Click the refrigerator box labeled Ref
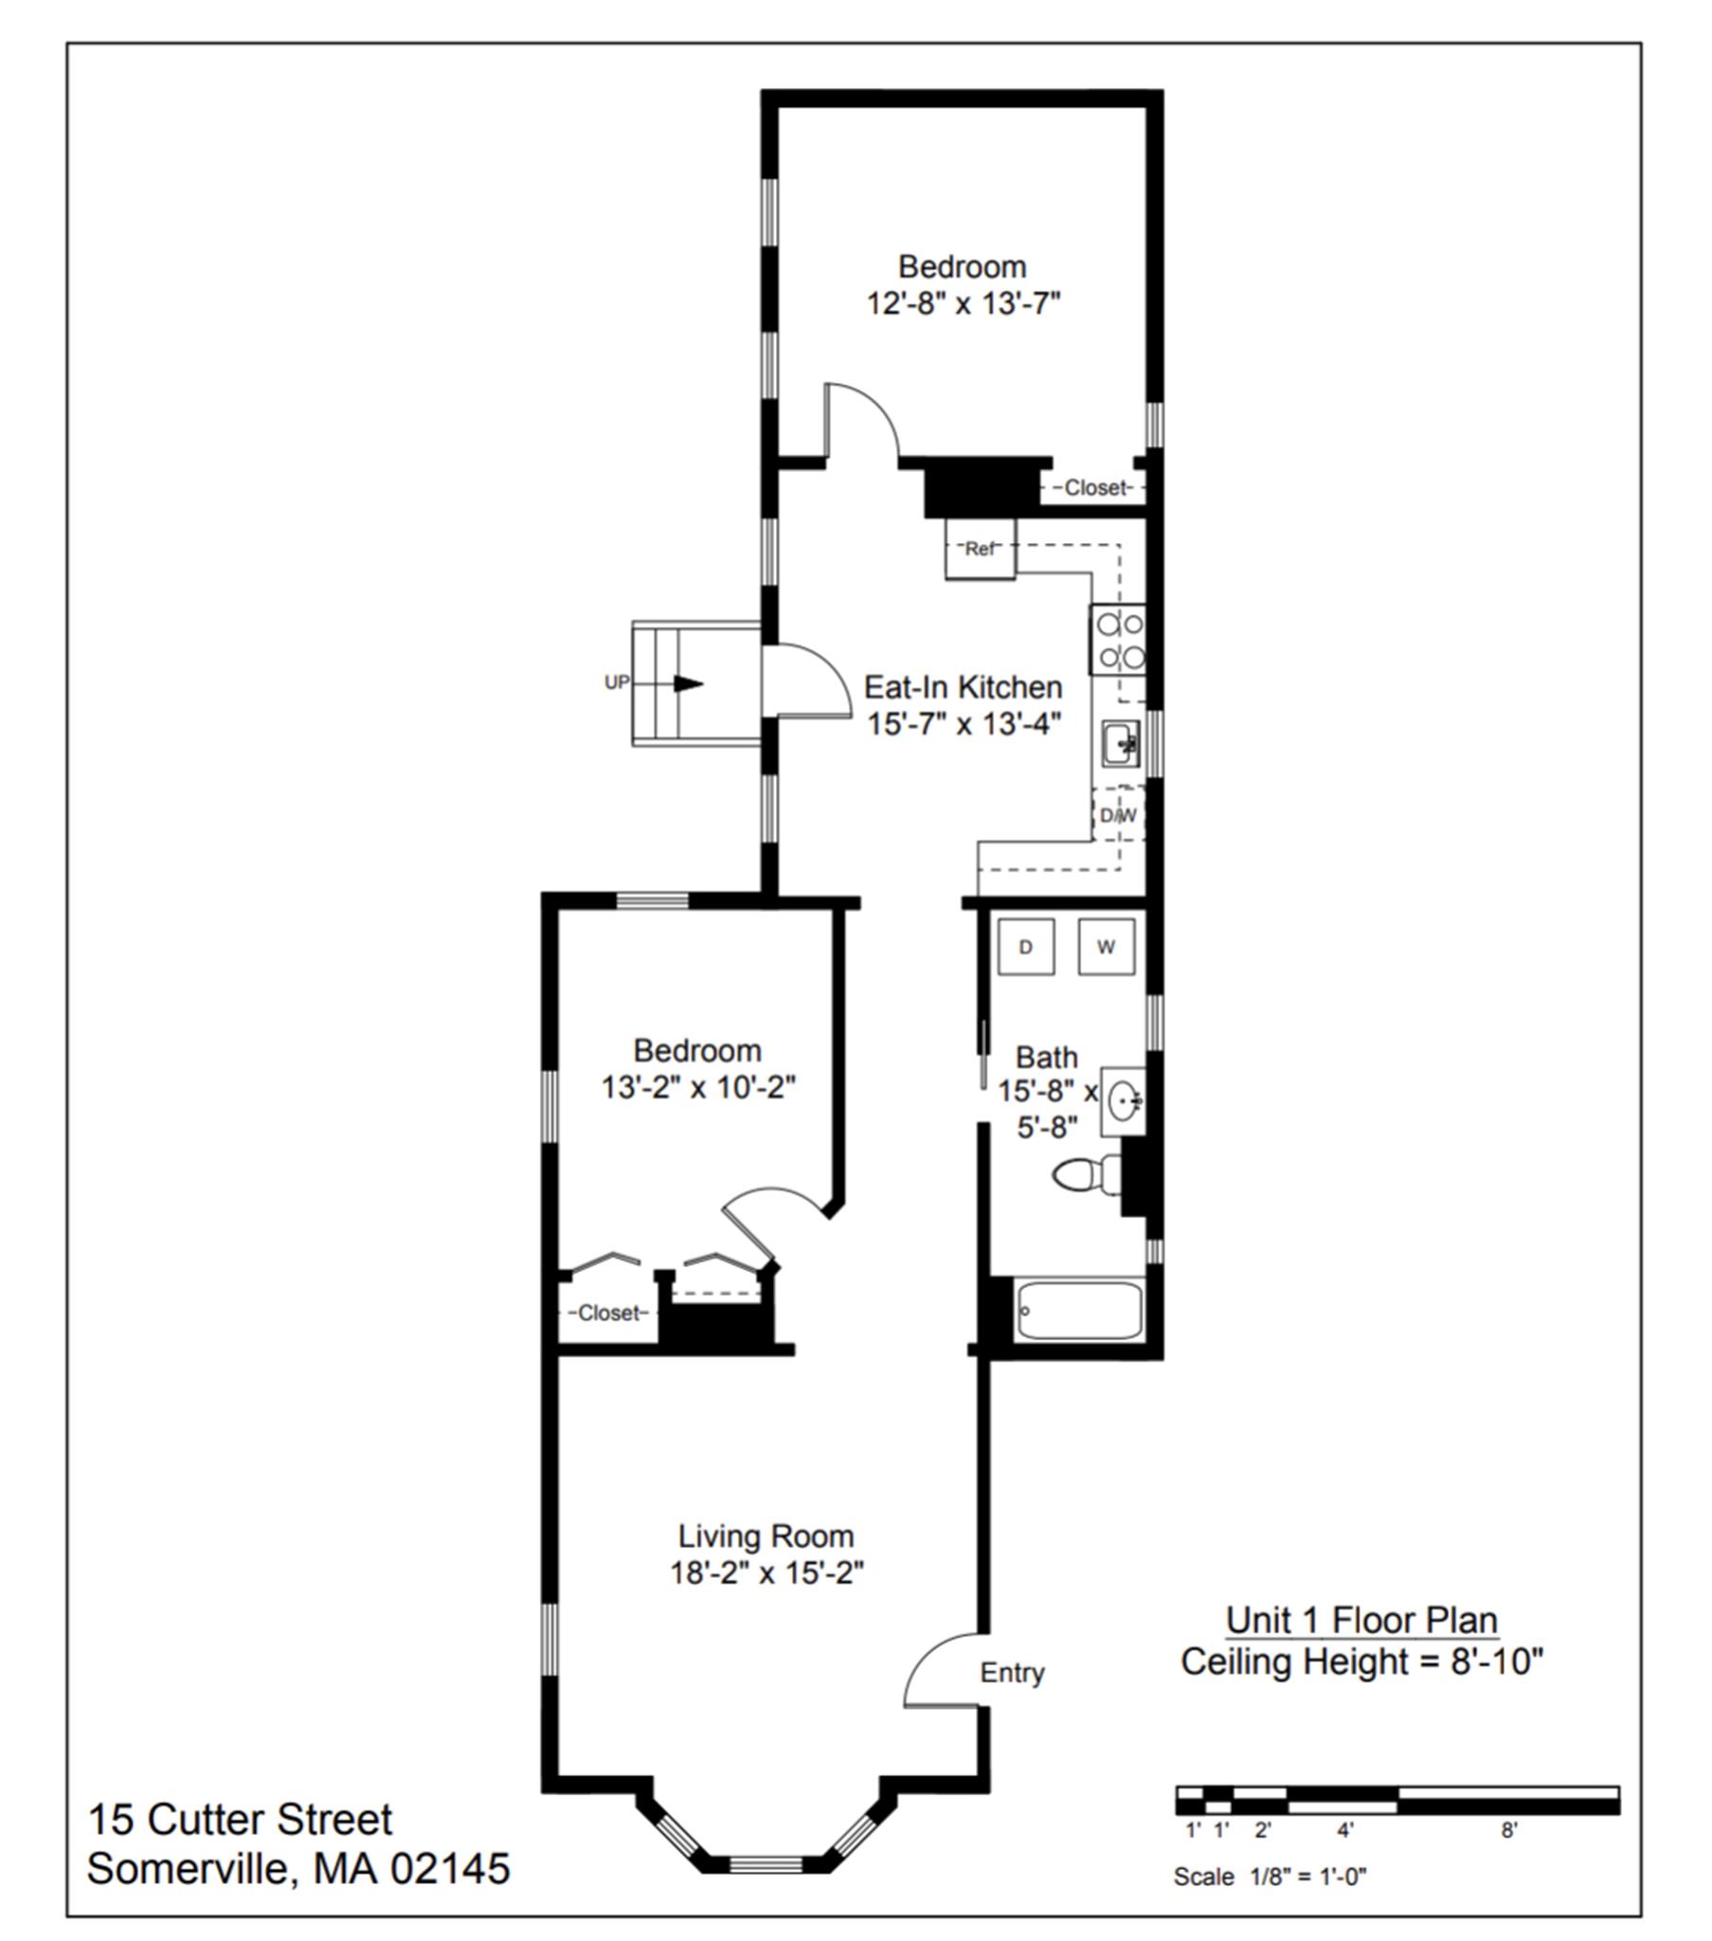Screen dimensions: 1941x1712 tap(979, 549)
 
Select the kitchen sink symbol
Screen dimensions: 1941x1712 tap(1121, 743)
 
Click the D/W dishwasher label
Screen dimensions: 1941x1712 tap(1118, 816)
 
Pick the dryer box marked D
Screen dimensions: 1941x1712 tap(1025, 947)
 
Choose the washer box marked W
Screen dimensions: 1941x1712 tap(1107, 947)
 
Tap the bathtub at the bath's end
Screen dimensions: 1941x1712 tap(1079, 1311)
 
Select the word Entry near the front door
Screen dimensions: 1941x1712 tap(1012, 1672)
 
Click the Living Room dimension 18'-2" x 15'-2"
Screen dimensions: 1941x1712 tap(766, 1573)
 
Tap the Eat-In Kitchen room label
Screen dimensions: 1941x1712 tap(963, 686)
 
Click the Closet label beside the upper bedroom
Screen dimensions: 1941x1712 tap(1098, 488)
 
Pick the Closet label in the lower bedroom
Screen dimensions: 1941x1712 tap(610, 1314)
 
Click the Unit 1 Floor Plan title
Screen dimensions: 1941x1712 tap(1361, 1620)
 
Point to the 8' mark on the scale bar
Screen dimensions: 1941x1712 tap(1509, 1830)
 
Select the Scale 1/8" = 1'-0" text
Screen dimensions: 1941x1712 tap(1270, 1877)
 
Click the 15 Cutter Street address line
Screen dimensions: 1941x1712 tap(240, 1820)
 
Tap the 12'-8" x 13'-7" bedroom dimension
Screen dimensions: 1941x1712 tap(963, 304)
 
